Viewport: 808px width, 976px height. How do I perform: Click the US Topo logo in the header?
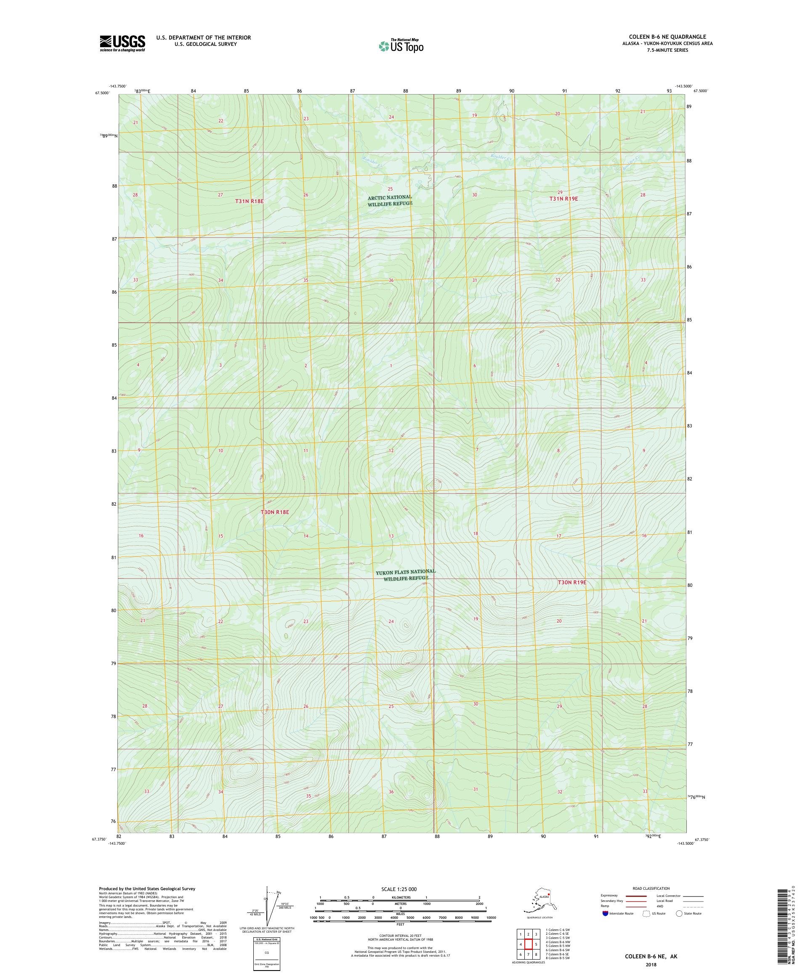coord(401,45)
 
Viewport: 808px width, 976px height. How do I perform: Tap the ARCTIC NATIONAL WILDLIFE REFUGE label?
coord(390,200)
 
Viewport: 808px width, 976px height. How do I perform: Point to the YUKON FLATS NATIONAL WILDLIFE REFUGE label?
coord(405,574)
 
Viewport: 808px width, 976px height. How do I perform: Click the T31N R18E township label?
coord(249,201)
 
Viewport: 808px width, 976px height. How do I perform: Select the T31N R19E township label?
coord(563,199)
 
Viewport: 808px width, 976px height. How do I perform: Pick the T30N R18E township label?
coord(275,512)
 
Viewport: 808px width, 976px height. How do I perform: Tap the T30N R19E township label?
coord(572,582)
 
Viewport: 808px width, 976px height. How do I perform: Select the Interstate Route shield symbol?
coord(605,913)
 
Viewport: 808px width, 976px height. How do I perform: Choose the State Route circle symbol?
coord(679,913)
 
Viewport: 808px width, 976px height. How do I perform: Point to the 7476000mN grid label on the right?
coord(696,797)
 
